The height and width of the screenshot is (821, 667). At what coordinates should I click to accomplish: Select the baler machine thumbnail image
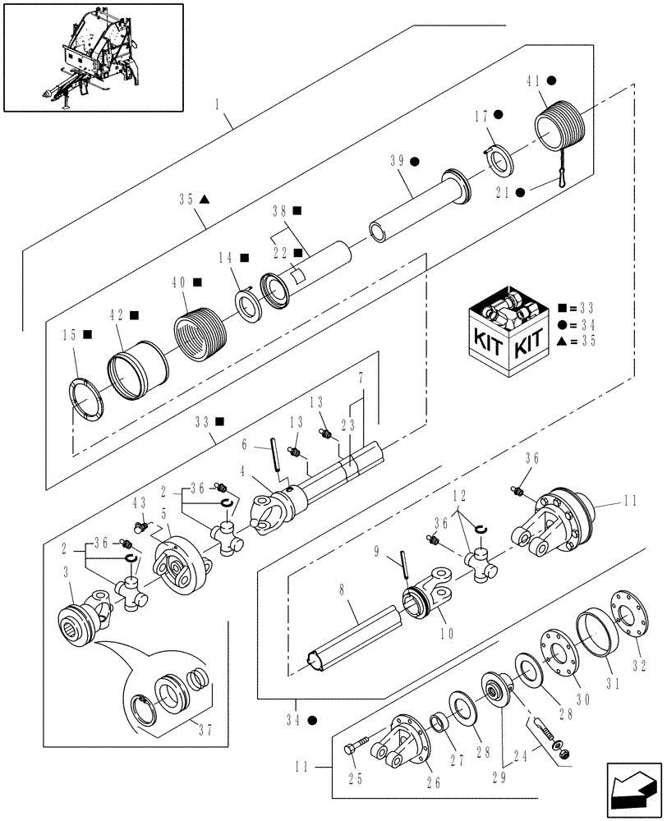pyautogui.click(x=92, y=57)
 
